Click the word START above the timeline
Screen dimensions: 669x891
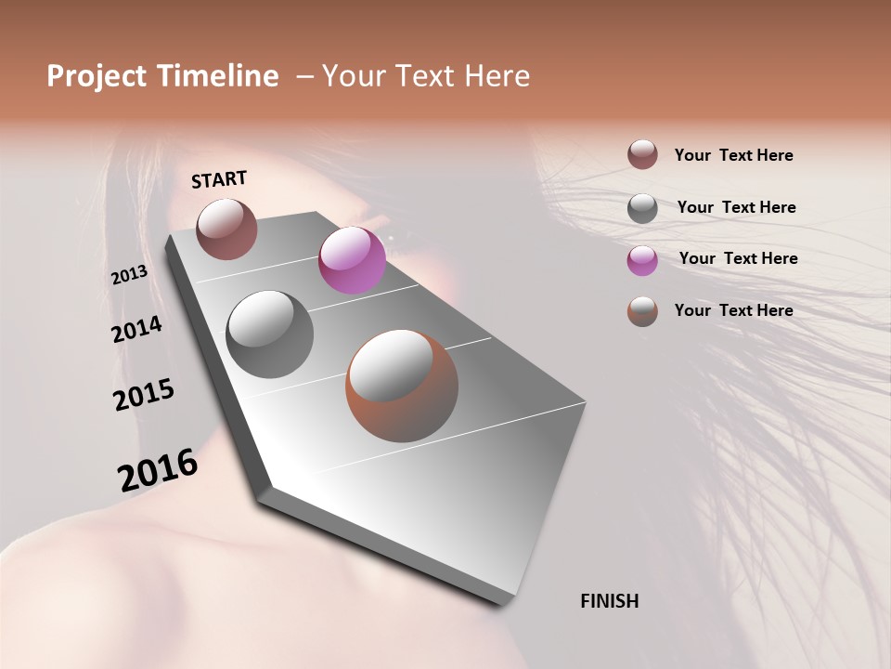click(x=219, y=179)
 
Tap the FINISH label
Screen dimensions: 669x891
click(x=609, y=601)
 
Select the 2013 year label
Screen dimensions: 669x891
click(x=129, y=275)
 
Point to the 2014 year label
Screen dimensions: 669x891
click(x=136, y=330)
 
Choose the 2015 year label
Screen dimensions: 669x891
click(x=144, y=395)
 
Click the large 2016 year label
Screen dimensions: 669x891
click(x=158, y=470)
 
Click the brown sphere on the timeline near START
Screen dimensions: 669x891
click(x=226, y=229)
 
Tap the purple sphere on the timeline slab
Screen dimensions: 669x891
click(x=352, y=260)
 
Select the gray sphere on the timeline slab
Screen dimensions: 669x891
click(x=269, y=334)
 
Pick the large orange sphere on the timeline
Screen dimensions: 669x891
click(x=402, y=386)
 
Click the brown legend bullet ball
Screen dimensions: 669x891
click(x=642, y=154)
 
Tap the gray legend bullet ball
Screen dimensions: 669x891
click(x=642, y=207)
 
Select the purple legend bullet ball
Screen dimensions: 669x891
click(x=642, y=259)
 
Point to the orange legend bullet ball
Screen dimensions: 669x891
click(x=642, y=311)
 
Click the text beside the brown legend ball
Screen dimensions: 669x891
click(x=733, y=155)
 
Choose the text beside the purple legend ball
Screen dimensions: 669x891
click(x=738, y=258)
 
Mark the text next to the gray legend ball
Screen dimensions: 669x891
click(x=736, y=207)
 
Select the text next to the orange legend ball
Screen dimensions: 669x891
click(x=733, y=310)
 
